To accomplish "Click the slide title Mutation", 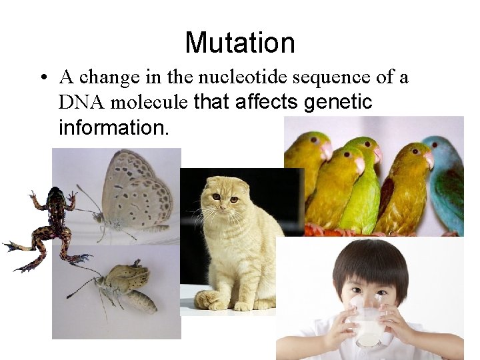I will (240, 43).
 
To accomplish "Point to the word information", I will (113, 127).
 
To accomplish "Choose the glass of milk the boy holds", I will (367, 323).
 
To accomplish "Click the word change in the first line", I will (109, 77).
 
